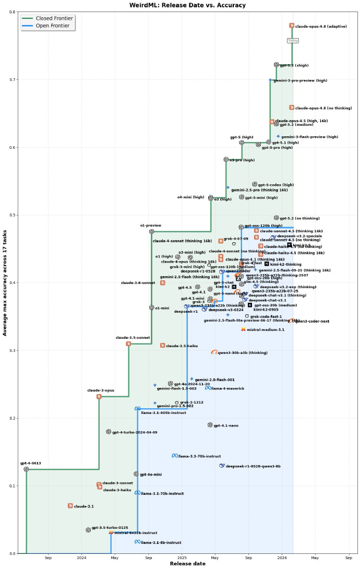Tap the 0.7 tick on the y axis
coord(15,80)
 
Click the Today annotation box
coord(293,40)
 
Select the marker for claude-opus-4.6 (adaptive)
coord(292,26)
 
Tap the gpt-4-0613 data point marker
coord(26,469)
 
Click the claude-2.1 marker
coord(70,506)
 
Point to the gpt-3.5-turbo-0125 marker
coord(88,530)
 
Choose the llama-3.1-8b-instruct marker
coord(138,542)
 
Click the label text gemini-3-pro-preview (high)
coord(301,81)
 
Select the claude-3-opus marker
coord(99,397)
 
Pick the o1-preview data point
coord(152,231)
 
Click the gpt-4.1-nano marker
coord(210,425)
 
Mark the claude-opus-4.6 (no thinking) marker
coord(292,108)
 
